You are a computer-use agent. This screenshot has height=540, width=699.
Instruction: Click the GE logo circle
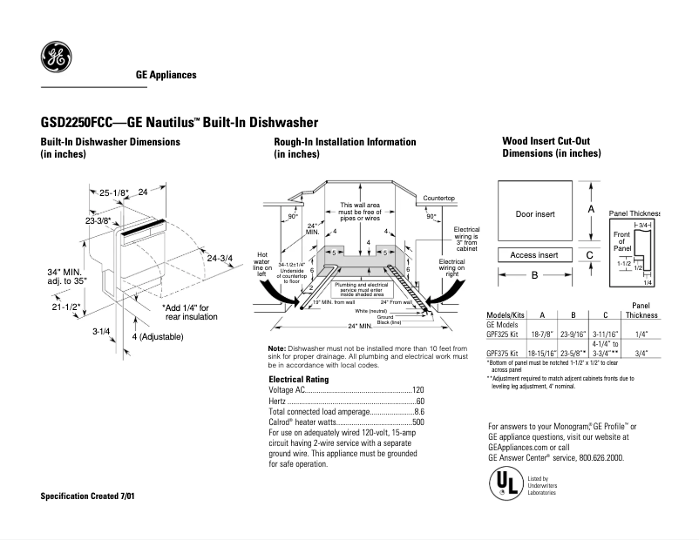pyautogui.click(x=56, y=57)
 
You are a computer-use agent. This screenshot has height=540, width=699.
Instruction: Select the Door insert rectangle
pyautogui.click(x=535, y=213)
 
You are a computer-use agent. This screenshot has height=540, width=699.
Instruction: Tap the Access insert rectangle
pyautogui.click(x=534, y=255)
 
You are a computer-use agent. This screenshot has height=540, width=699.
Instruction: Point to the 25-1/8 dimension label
pyautogui.click(x=112, y=192)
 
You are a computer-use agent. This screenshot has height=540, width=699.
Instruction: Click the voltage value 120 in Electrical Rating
pyautogui.click(x=417, y=389)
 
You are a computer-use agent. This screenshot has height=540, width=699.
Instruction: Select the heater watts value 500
pyautogui.click(x=417, y=422)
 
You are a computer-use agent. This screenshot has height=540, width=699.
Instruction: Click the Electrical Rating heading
pyautogui.click(x=298, y=379)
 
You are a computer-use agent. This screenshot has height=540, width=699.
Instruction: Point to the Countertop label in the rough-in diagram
pyautogui.click(x=439, y=199)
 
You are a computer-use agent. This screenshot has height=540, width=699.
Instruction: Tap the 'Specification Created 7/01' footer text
pyautogui.click(x=88, y=496)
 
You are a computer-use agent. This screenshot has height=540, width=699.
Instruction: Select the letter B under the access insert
pyautogui.click(x=534, y=274)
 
